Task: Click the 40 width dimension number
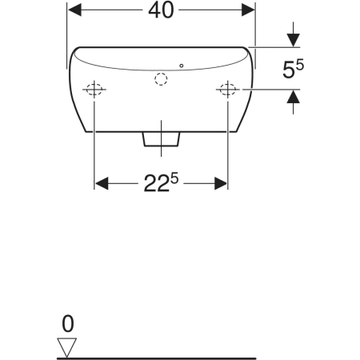point(161,10)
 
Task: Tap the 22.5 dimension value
point(161,182)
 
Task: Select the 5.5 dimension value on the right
point(293,69)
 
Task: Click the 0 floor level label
point(68,324)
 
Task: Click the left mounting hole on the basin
point(94,90)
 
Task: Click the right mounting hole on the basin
point(228,90)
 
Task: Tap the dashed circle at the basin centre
point(161,79)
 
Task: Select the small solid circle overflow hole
point(182,66)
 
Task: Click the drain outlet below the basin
point(161,139)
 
